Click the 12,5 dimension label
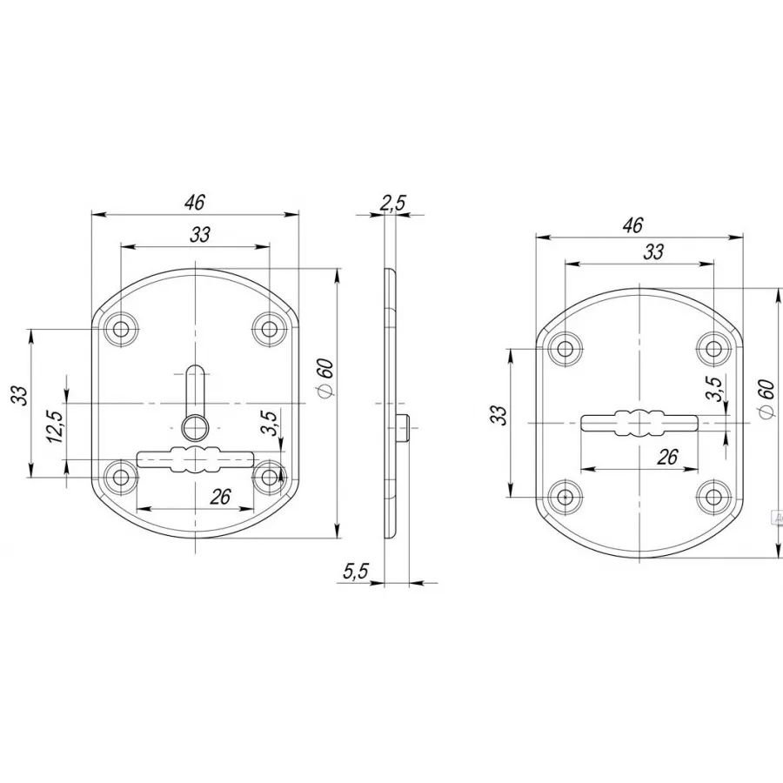coord(55,426)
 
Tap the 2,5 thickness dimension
coord(393,204)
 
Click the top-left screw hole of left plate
coord(120,329)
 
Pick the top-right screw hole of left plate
coord(270,329)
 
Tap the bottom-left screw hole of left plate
coord(120,478)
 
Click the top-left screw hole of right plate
coord(565,348)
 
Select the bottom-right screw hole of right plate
coord(714,498)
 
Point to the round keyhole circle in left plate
coord(195,428)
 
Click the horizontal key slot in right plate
coord(639,423)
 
